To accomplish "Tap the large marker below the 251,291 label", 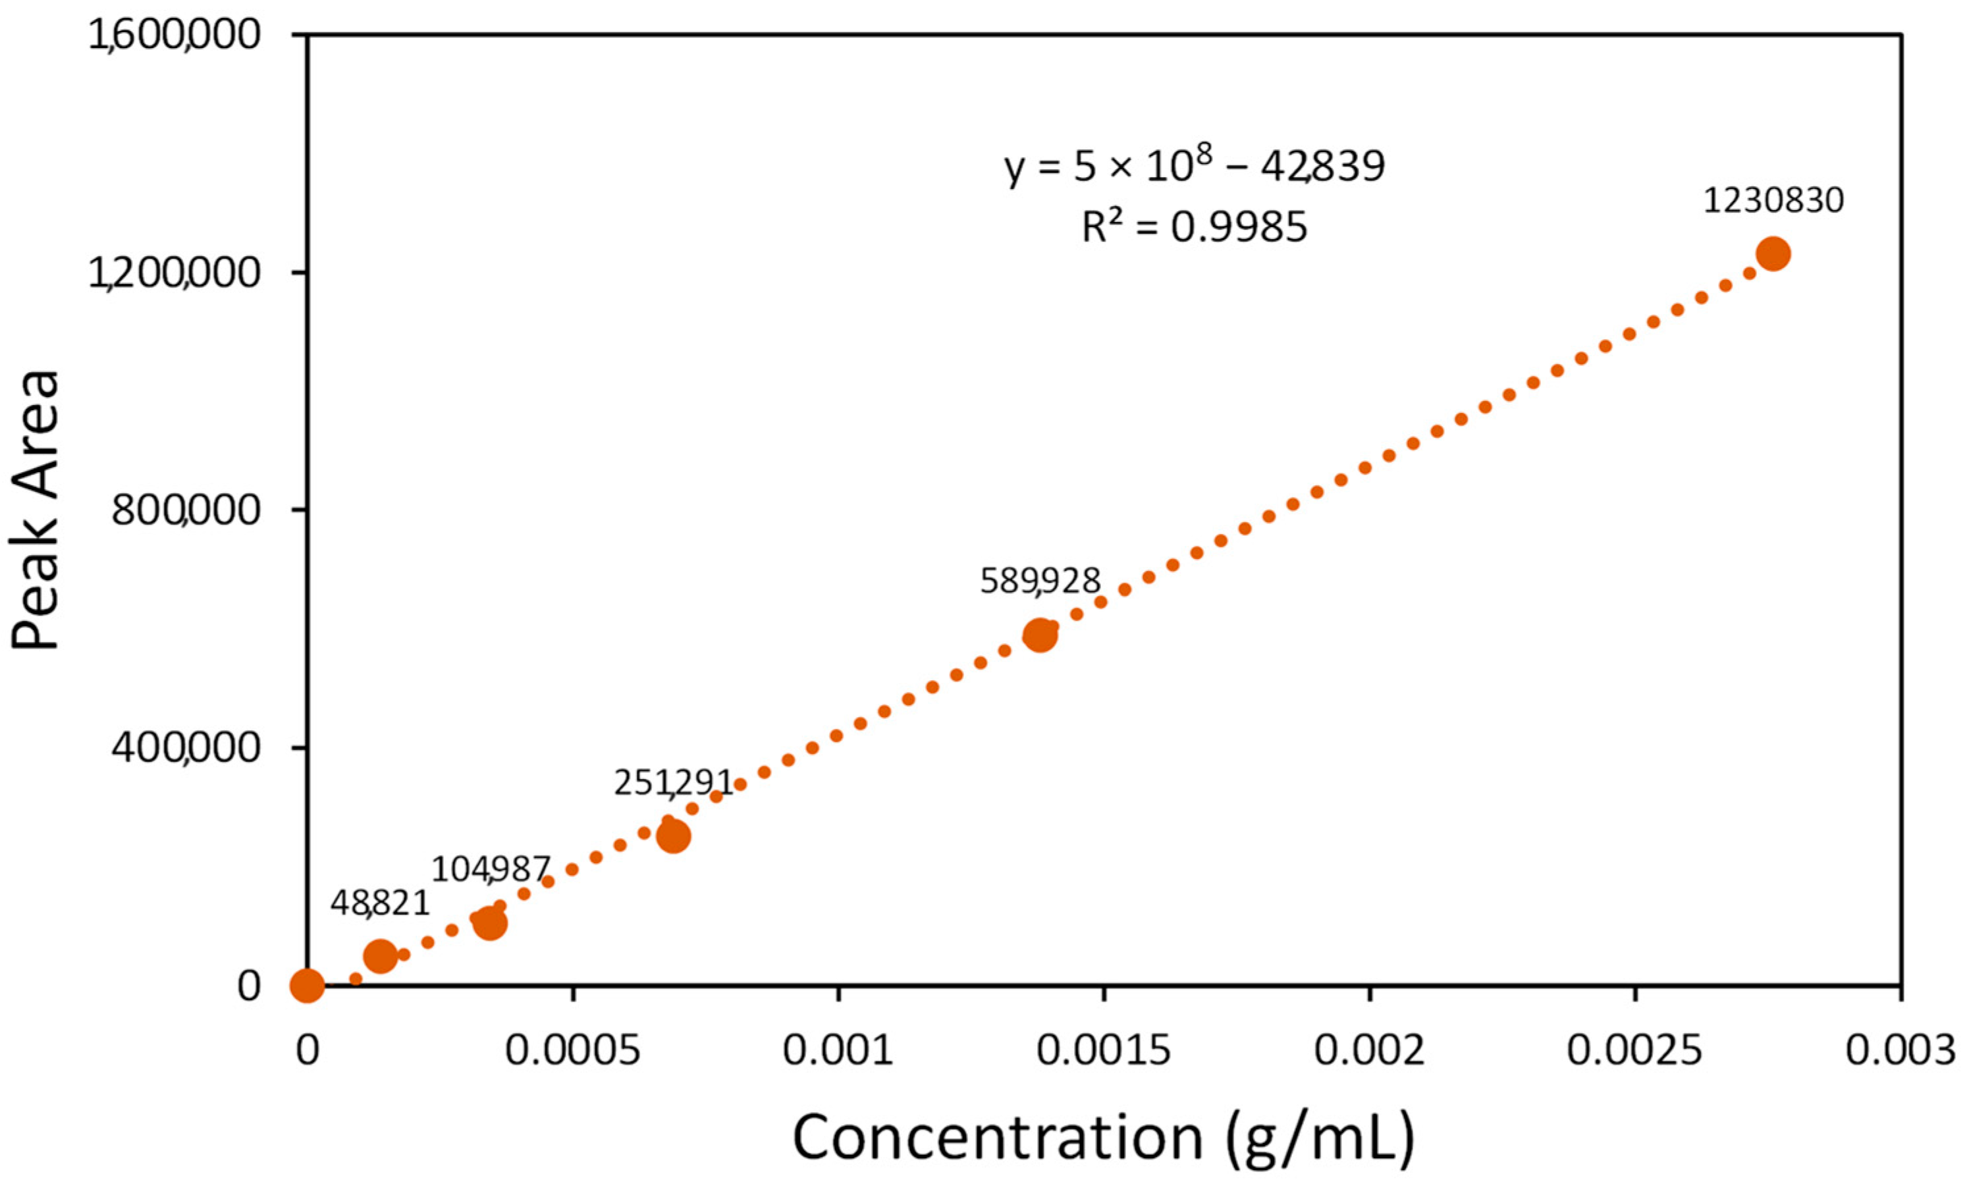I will [674, 836].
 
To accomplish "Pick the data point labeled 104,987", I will [490, 923].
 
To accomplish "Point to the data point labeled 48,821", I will [380, 955].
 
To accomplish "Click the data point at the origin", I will [308, 986].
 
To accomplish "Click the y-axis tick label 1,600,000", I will [174, 36].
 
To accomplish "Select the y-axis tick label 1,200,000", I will [174, 274].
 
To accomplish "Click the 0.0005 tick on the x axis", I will [573, 1051].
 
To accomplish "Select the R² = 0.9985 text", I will [1195, 227].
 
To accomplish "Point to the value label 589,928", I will [1040, 581].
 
